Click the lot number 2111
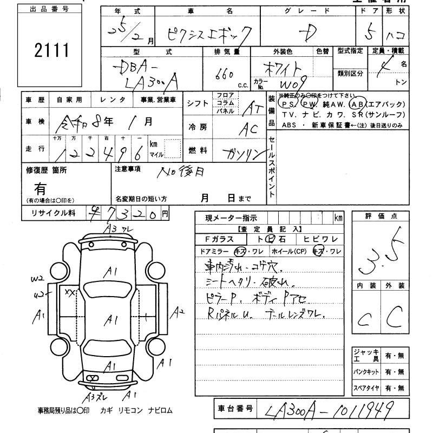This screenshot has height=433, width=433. click(52, 52)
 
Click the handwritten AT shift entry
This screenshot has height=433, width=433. click(250, 108)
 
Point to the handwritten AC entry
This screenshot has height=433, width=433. click(250, 129)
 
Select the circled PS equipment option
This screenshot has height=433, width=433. click(286, 104)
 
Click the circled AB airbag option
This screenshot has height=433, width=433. click(357, 104)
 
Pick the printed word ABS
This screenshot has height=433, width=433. click(288, 124)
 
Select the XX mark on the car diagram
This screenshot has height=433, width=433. click(70, 292)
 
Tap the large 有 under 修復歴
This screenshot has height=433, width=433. click(41, 188)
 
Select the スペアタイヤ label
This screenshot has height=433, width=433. click(365, 389)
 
